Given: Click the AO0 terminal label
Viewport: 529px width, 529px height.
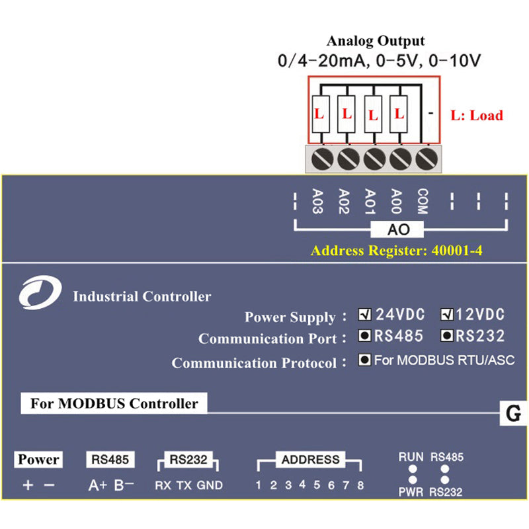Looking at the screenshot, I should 396,201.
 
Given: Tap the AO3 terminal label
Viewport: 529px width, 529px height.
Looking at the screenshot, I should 317,201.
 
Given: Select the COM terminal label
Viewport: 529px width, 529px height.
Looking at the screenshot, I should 422,202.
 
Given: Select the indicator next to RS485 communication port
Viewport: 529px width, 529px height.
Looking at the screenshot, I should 364,336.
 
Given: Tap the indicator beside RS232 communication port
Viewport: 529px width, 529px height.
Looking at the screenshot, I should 447,336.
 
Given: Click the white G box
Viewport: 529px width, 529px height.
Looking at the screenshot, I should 512,415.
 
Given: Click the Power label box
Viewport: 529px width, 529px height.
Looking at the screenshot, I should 39,459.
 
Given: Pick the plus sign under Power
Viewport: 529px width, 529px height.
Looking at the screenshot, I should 27,485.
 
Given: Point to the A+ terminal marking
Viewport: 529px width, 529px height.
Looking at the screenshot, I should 97,485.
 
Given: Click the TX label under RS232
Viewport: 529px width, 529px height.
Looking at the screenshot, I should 184,485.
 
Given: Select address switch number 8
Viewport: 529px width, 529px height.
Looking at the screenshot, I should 360,485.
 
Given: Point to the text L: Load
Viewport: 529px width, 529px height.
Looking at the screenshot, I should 476,115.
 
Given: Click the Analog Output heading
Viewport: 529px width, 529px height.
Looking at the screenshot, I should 378,41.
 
